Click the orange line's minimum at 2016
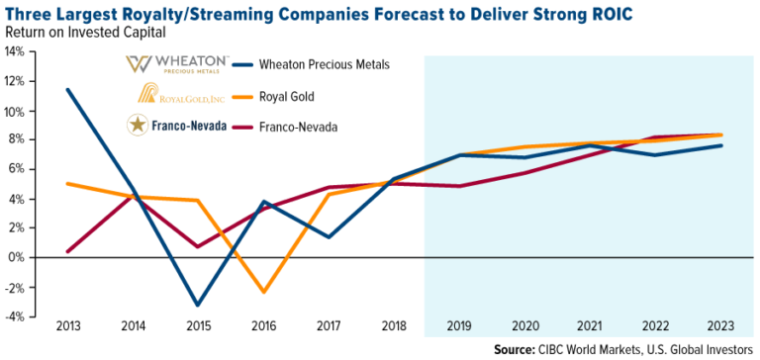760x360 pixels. click(x=264, y=292)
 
